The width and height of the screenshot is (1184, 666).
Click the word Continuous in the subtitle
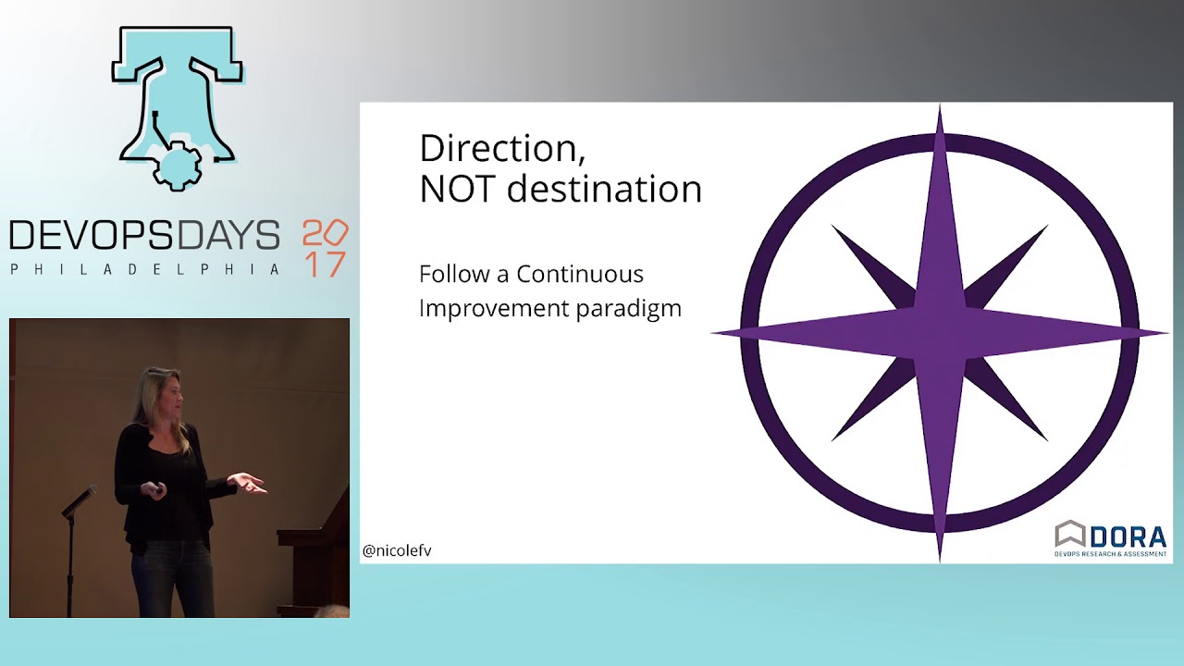(579, 275)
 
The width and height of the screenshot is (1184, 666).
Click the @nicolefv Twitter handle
(397, 550)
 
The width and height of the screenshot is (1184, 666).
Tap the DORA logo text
(1128, 536)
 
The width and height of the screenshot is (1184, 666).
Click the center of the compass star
(940, 332)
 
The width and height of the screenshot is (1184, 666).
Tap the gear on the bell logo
(176, 168)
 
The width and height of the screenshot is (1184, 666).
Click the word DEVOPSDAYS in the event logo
(144, 236)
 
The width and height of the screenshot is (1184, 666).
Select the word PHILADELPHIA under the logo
(144, 269)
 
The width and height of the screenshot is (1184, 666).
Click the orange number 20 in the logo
(325, 232)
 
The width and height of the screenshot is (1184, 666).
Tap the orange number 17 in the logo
(325, 265)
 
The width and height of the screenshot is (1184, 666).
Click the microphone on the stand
(80, 499)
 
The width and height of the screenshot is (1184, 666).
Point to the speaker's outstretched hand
(248, 482)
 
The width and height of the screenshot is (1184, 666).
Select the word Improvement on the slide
(494, 309)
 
